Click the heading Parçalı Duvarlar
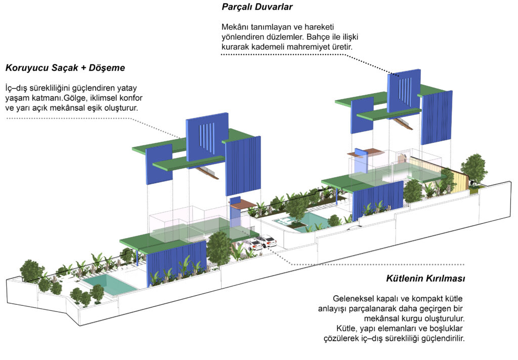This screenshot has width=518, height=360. [257, 7]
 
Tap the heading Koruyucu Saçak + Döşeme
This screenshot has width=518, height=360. [65, 68]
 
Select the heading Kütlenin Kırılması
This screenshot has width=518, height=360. [425, 278]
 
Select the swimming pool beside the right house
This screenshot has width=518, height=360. [307, 220]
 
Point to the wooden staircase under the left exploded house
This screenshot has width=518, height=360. [207, 172]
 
